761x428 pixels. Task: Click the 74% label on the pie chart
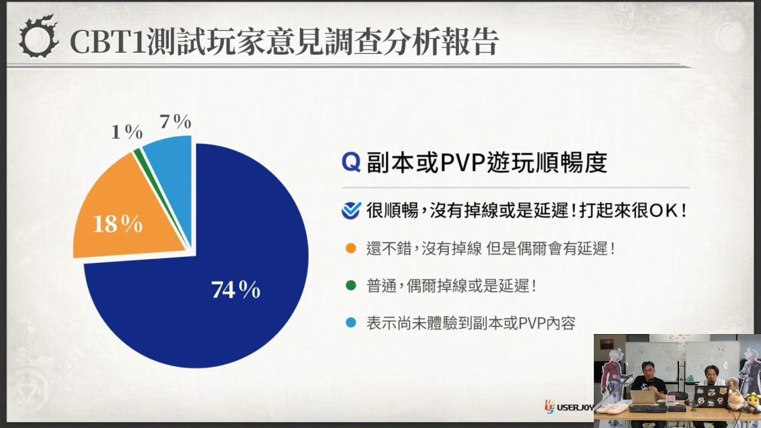point(236,289)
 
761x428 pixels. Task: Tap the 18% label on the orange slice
point(118,224)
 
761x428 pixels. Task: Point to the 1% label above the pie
point(127,132)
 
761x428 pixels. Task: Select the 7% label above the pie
point(175,121)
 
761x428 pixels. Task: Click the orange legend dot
point(351,248)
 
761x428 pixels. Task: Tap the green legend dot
point(351,285)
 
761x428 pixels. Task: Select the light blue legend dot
point(351,322)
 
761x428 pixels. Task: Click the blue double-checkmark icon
point(351,210)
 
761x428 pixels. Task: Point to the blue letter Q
point(351,162)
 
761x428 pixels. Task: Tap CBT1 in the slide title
point(108,42)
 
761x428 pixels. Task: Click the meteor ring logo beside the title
point(38,37)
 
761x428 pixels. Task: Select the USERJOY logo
point(570,407)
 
